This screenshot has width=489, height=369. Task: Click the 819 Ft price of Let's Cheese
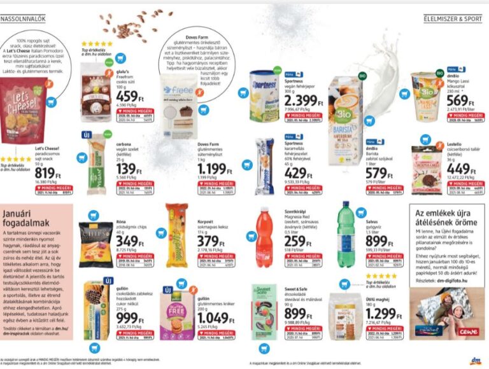[x=48, y=174]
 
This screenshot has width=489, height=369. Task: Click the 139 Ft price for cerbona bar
[x=130, y=168]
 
